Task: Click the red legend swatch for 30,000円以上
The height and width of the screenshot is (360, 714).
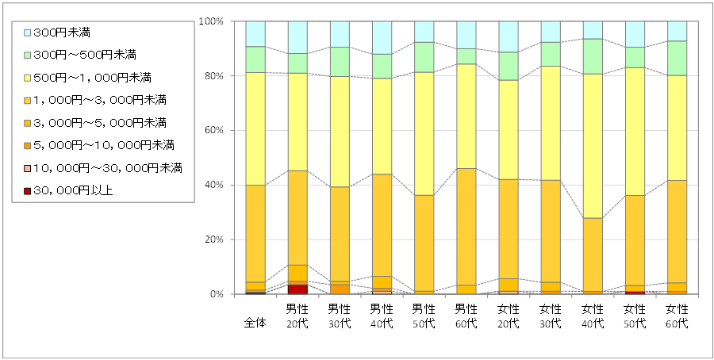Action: [x=28, y=190]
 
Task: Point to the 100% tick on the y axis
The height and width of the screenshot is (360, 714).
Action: [x=213, y=21]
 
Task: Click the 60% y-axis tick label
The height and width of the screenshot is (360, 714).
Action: [x=215, y=130]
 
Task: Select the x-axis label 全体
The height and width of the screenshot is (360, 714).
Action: [x=255, y=324]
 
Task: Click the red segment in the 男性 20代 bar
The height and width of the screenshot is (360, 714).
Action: [x=297, y=289]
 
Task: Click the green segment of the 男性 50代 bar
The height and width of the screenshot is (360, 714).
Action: [x=424, y=57]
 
